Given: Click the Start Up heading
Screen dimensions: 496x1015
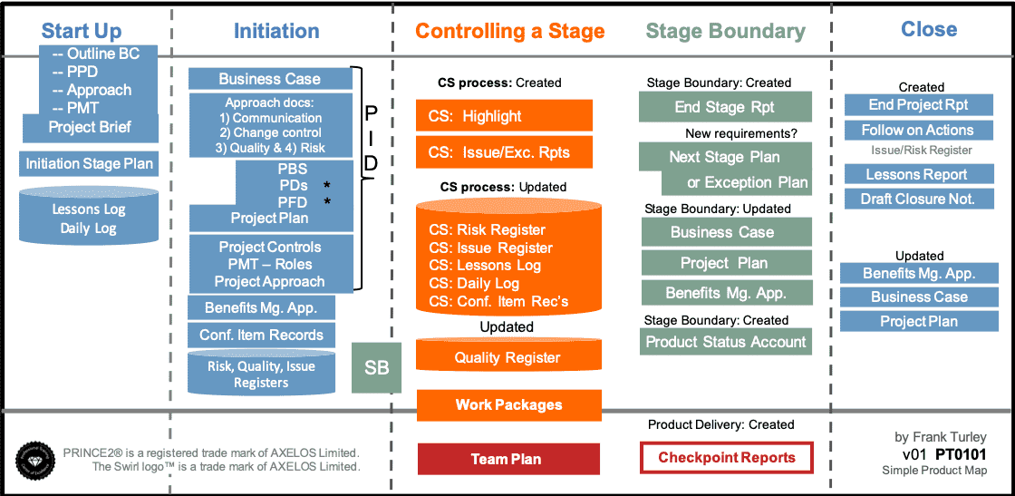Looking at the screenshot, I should tap(82, 32).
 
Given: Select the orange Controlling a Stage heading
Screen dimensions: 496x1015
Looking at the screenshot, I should tap(509, 32).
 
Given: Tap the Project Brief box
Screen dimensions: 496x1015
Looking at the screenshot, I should tap(90, 127).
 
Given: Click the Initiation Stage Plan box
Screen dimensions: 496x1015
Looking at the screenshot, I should tap(89, 164).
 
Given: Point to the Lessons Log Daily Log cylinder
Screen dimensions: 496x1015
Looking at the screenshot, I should tap(89, 219).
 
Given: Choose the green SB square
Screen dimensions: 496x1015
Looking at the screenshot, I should tap(376, 367).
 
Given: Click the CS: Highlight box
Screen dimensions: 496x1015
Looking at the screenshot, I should tap(504, 116).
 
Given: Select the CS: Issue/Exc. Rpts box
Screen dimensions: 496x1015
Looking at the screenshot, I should tap(504, 152).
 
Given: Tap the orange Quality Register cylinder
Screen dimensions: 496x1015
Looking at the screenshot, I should tap(507, 356).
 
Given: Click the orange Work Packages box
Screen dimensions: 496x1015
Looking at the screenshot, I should tap(508, 405).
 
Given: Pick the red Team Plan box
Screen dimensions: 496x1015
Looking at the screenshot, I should tap(508, 459).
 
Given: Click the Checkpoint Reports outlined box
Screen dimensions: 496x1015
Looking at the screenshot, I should tap(727, 458).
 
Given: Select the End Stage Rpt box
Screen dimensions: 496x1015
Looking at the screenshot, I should tap(725, 107).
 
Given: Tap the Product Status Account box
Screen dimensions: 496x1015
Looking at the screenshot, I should tap(725, 342).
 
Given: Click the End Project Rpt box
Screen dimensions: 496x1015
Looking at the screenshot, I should tap(918, 105).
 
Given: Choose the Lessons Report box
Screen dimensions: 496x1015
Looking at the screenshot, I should tap(917, 174).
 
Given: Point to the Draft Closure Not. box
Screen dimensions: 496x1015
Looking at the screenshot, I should tap(917, 199).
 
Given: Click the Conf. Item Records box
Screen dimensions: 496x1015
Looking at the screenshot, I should tap(261, 335).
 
